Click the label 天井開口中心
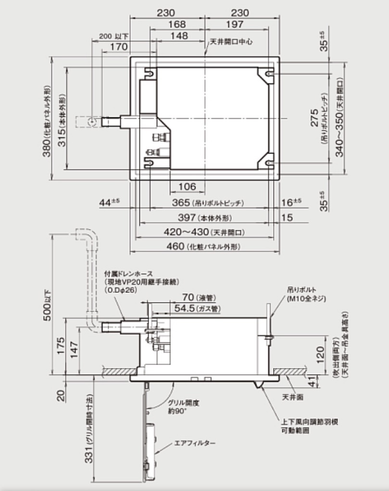click(x=231, y=42)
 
